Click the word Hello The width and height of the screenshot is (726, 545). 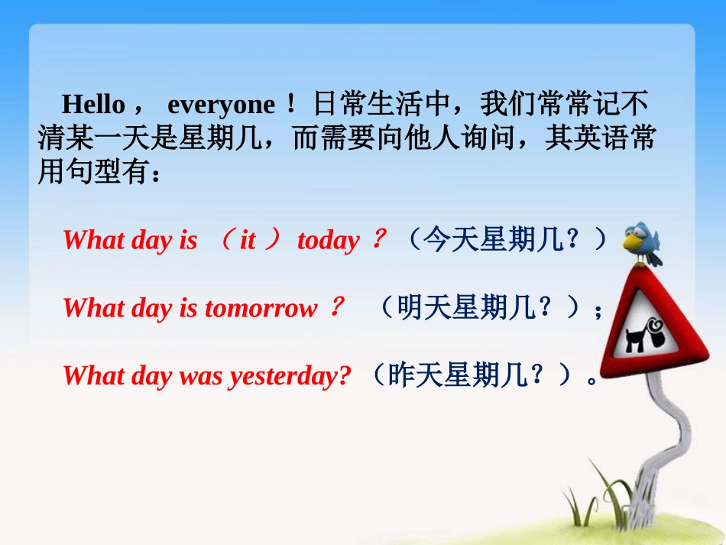pos(92,104)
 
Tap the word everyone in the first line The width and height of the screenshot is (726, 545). pos(220,104)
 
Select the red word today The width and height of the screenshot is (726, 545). pos(328,241)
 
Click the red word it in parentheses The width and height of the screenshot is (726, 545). pos(248,241)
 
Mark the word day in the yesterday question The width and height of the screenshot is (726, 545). pos(151,376)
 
